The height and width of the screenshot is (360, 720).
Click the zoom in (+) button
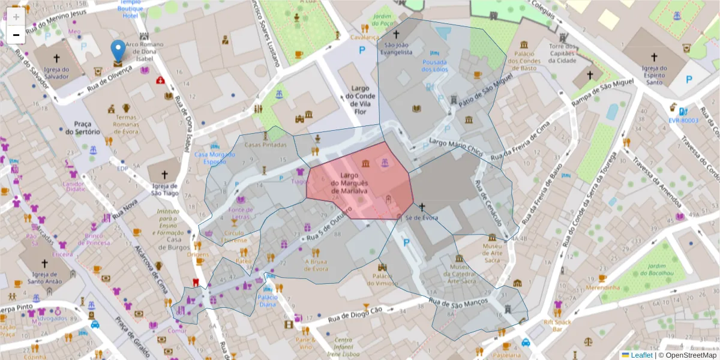pyautogui.click(x=16, y=17)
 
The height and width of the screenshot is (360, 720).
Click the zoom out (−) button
pyautogui.click(x=16, y=35)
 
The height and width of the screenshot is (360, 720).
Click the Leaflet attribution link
pyautogui.click(x=641, y=355)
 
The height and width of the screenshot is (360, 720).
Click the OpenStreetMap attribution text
pyautogui.click(x=688, y=355)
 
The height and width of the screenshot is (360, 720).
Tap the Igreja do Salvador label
pyautogui.click(x=57, y=73)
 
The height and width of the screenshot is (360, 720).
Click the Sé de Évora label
pyautogui.click(x=422, y=217)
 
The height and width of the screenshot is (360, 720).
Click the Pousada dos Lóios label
pyautogui.click(x=435, y=65)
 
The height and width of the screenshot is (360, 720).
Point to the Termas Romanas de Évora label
pyautogui.click(x=125, y=124)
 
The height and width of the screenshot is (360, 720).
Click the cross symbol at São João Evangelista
pyautogui.click(x=396, y=35)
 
